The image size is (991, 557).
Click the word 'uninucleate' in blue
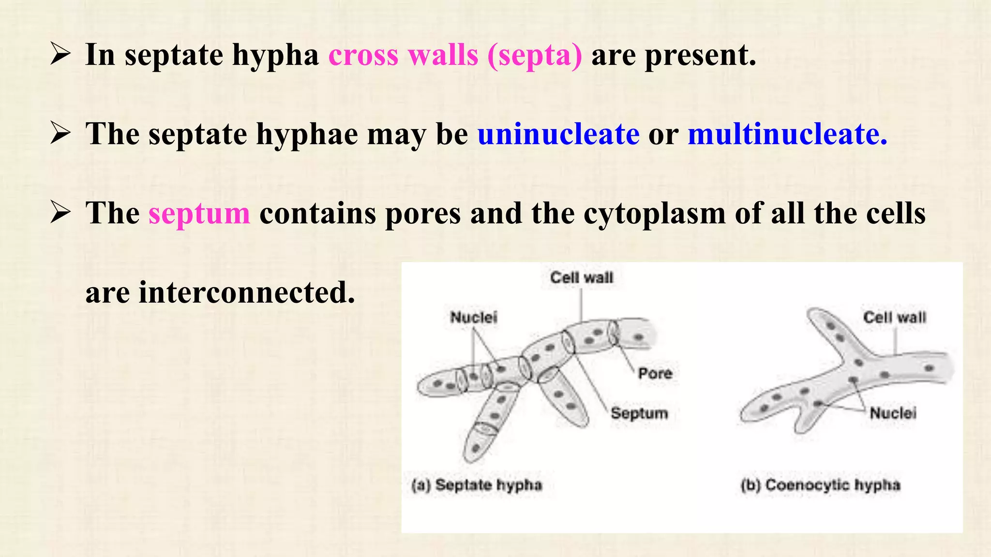pyautogui.click(x=558, y=134)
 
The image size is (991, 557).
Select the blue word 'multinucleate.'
pyautogui.click(x=787, y=134)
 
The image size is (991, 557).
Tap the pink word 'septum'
pyautogui.click(x=199, y=214)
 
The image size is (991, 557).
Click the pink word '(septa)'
pyautogui.click(x=535, y=55)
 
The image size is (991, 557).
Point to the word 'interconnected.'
pyautogui.click(x=247, y=293)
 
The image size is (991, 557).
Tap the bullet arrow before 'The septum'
pyautogui.click(x=60, y=213)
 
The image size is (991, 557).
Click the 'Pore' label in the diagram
pyautogui.click(x=655, y=373)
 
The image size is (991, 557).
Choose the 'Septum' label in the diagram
pyautogui.click(x=639, y=413)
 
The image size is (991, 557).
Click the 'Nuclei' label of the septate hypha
pyautogui.click(x=473, y=317)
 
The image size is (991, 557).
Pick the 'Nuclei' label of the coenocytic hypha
pyautogui.click(x=893, y=413)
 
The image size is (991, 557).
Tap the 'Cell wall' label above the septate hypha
pyautogui.click(x=582, y=278)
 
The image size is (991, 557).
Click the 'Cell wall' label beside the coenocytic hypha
pyautogui.click(x=894, y=317)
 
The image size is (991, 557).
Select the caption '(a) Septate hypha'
pyautogui.click(x=477, y=485)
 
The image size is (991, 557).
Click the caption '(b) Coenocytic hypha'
pyautogui.click(x=821, y=485)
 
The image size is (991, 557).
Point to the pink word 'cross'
pyautogui.click(x=363, y=55)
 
